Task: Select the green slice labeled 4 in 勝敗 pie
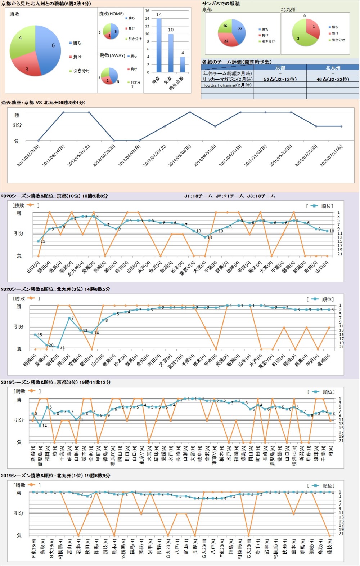22,40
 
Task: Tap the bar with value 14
159,45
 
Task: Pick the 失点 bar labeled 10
171,53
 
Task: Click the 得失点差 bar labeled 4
183,64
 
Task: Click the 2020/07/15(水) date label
332,156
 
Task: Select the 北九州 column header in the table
332,67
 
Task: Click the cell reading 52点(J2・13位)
280,79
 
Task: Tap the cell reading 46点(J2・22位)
332,79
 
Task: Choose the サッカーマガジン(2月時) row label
227,79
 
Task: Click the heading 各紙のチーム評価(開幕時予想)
237,62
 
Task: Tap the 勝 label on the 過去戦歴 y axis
17,115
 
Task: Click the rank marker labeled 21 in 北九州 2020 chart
58,347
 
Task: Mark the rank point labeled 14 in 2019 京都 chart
40,425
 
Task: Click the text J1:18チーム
198,196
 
